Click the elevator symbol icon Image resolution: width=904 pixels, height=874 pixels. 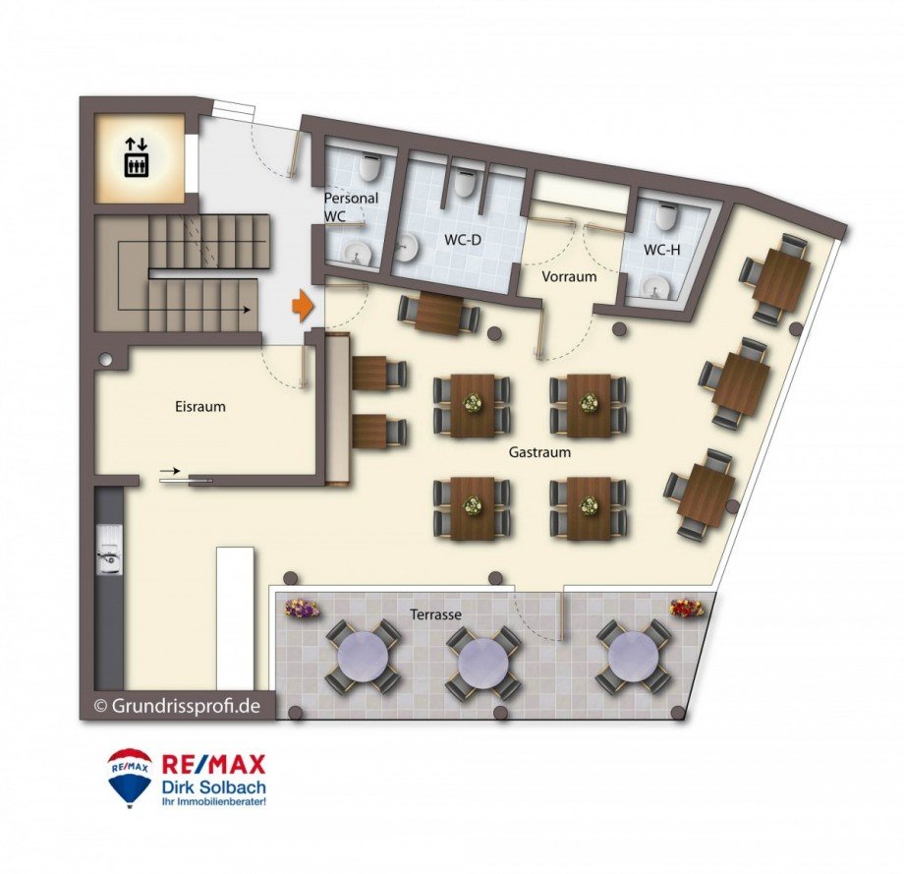[137, 157]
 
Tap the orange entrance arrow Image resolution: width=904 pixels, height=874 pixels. [302, 306]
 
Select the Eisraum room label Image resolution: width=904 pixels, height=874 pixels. [200, 407]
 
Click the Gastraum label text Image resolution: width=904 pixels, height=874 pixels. [539, 452]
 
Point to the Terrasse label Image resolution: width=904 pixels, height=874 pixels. [436, 614]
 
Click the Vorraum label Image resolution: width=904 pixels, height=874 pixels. [569, 276]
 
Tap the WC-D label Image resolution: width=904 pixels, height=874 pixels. [463, 240]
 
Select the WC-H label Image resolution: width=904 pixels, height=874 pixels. [662, 250]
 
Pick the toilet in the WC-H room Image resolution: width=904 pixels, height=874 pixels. [666, 216]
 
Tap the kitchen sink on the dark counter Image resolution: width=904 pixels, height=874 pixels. [109, 551]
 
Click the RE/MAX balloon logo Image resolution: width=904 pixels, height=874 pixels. [130, 775]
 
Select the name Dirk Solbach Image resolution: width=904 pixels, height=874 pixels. [214, 787]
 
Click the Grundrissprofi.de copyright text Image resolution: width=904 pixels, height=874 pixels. [178, 706]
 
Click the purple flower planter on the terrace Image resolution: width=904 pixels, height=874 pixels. [302, 609]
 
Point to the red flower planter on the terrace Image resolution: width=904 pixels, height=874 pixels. [687, 608]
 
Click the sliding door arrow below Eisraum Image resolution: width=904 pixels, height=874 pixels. [169, 471]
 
